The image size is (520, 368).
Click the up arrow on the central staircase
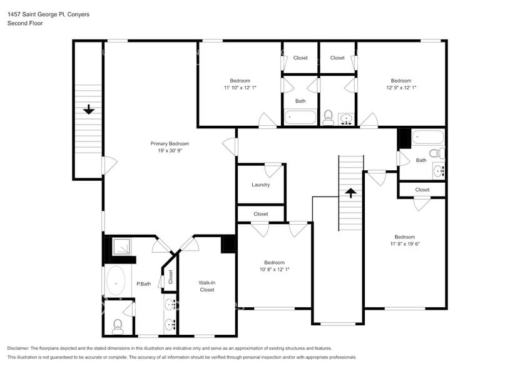(x=351, y=193)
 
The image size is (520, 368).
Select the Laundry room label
(x=260, y=185)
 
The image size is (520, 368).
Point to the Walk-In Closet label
(x=207, y=286)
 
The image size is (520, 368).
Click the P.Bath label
(x=144, y=284)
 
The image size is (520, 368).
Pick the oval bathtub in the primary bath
(x=116, y=282)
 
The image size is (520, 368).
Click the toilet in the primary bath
(x=117, y=324)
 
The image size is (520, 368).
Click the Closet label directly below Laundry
(x=261, y=214)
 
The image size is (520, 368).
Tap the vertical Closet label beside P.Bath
(x=170, y=277)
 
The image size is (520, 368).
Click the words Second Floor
(x=23, y=23)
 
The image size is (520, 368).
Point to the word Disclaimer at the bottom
(x=19, y=348)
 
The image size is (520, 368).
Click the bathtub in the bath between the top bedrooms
(x=300, y=117)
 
